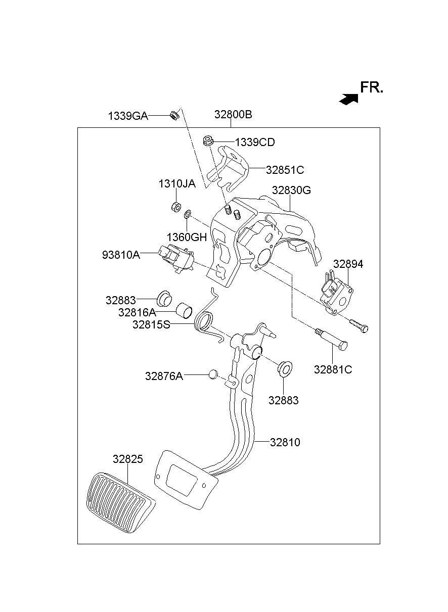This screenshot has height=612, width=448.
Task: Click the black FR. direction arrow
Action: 348,99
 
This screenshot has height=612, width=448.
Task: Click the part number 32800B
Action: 233,115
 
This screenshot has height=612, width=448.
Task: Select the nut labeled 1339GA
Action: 172,116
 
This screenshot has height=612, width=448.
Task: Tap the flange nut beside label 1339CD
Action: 207,141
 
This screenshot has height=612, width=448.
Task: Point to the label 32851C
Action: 285,169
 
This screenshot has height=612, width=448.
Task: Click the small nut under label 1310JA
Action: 175,207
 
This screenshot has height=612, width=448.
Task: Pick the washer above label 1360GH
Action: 187,214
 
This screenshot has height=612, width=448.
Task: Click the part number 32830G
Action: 291,191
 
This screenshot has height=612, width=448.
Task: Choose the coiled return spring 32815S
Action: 205,321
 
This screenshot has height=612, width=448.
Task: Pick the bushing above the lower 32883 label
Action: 284,367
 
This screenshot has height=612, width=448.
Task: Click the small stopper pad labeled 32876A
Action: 212,374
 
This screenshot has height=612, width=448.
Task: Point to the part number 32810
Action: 285,443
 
